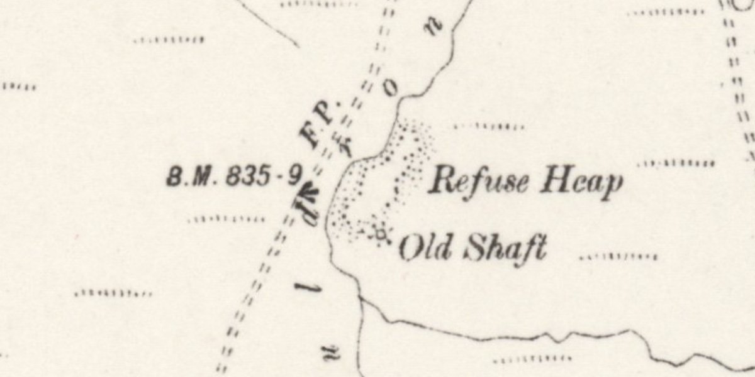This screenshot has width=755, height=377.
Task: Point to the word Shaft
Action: pyautogui.click(x=503, y=248)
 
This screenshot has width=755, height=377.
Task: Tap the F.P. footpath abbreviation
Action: pyautogui.click(x=321, y=123)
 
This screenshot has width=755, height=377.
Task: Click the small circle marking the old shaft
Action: pyautogui.click(x=380, y=234)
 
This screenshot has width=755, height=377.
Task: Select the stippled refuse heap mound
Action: pyautogui.click(x=377, y=182)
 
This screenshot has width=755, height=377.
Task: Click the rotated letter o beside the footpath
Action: pyautogui.click(x=391, y=90)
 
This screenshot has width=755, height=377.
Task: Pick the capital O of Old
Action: pyautogui.click(x=410, y=248)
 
